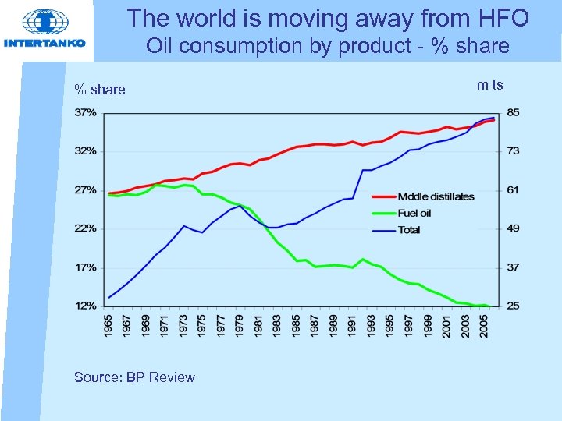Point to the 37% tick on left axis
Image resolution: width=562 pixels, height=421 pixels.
(x=86, y=112)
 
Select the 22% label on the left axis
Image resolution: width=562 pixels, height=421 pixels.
(x=86, y=228)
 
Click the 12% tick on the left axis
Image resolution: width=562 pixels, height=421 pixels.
(x=86, y=306)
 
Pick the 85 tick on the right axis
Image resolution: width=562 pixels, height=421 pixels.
(x=513, y=112)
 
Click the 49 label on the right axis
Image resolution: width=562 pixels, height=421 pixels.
(x=513, y=228)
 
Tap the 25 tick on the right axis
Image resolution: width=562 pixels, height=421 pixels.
(x=513, y=306)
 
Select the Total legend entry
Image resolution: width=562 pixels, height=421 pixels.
(x=409, y=230)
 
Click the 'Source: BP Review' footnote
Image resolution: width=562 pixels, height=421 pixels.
(x=134, y=377)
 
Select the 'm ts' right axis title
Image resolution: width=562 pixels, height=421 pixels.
(x=489, y=84)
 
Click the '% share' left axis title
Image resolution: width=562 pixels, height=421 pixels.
(x=99, y=90)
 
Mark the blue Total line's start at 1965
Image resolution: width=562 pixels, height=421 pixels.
(x=109, y=297)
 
